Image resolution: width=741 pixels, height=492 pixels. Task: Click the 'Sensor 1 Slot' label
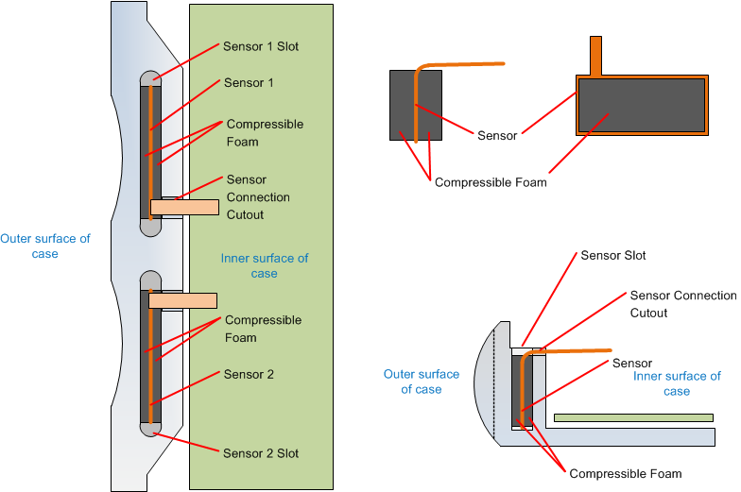[x=261, y=46]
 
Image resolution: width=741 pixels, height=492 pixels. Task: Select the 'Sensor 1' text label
[x=249, y=83]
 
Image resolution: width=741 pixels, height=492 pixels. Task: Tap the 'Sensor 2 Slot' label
[x=261, y=453]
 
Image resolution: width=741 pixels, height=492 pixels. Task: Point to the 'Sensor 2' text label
[x=249, y=375]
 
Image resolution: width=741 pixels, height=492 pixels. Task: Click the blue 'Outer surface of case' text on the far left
[x=45, y=246]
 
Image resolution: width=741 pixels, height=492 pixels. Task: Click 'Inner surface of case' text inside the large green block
[x=264, y=265]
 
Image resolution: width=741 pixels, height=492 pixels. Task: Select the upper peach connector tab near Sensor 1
[x=183, y=207]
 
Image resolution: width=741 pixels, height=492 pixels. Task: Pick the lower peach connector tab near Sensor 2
[x=182, y=300]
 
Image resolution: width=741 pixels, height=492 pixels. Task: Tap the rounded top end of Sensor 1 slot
[x=151, y=78]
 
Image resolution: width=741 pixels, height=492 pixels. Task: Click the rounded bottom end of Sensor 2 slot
[x=151, y=429]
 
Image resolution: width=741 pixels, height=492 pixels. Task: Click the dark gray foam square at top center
[x=416, y=105]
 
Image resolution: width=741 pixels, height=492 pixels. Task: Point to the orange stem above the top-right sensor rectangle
[x=595, y=55]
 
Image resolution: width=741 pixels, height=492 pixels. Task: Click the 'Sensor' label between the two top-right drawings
[x=497, y=136]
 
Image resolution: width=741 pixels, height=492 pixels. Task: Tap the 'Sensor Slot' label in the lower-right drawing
[x=613, y=256]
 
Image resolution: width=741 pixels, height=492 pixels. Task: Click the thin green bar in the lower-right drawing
[x=633, y=416]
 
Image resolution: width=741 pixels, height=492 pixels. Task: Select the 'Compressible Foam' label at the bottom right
[x=625, y=474]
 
